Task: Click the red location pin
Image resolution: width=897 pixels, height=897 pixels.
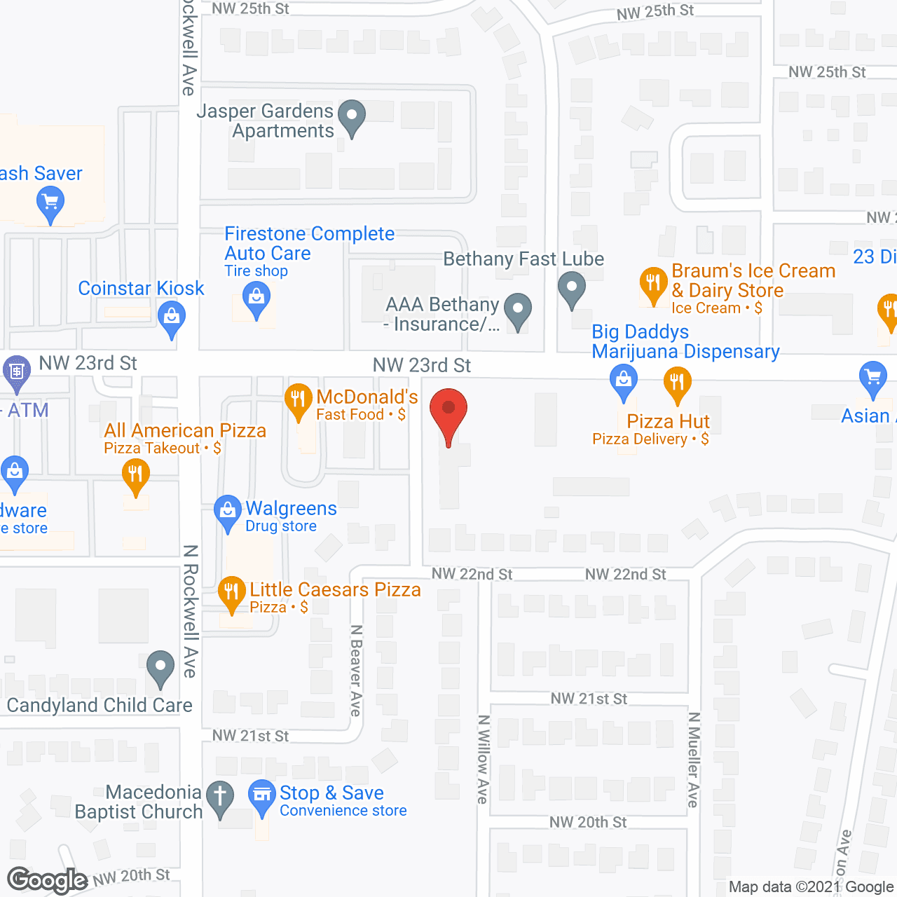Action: point(448,410)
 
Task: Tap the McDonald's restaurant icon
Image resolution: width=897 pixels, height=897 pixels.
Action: point(299,400)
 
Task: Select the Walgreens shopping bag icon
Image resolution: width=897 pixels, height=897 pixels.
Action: point(227,512)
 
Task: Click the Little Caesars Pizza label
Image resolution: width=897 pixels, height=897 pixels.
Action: point(335,590)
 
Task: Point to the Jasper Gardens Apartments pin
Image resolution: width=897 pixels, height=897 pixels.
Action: point(352,116)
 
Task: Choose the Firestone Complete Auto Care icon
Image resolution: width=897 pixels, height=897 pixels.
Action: point(256,300)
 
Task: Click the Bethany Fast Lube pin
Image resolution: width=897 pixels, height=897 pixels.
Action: point(572,287)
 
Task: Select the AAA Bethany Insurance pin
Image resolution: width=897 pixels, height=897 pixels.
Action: point(518,309)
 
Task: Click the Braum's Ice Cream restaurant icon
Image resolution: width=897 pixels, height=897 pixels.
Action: point(653,284)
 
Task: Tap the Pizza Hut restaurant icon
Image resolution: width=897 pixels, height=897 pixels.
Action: point(677,383)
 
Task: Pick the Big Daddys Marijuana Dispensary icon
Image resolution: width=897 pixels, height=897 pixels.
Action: point(623,381)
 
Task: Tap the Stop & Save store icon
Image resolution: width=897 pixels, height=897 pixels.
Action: point(262,795)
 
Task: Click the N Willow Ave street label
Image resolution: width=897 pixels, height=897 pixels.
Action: point(483,759)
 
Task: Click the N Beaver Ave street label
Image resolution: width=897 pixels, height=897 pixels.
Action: point(356,671)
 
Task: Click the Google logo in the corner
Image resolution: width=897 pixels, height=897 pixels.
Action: point(48,880)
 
